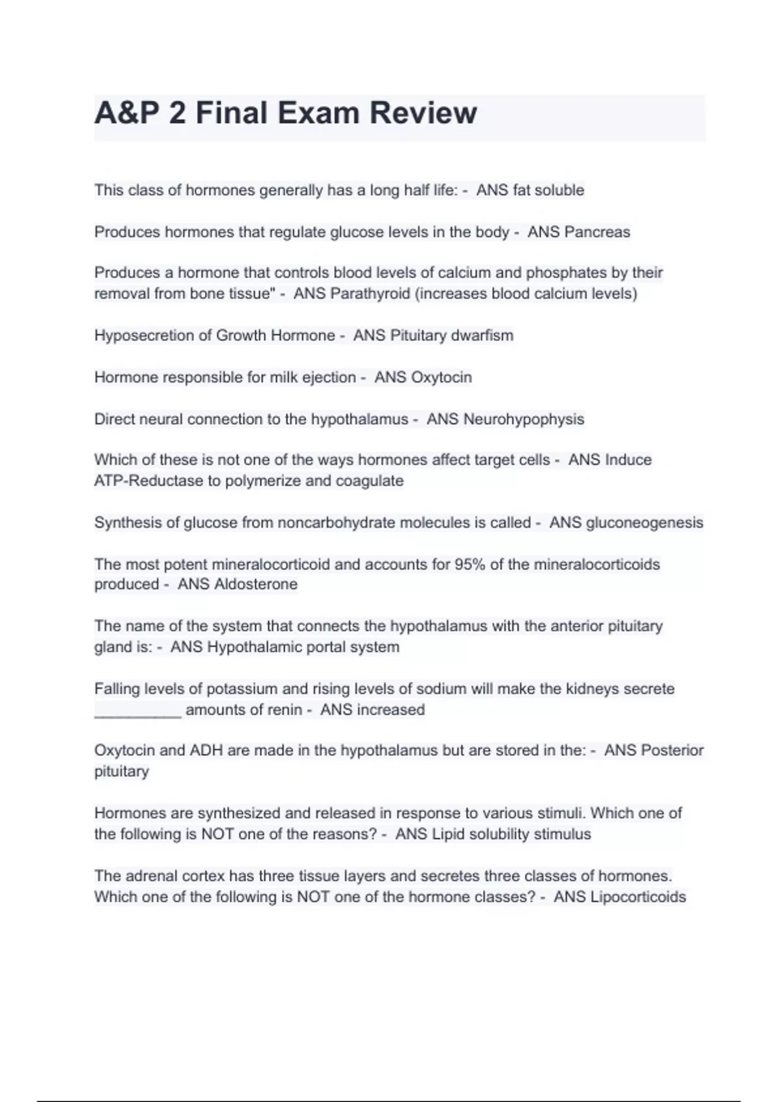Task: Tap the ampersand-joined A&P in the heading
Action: [x=127, y=113]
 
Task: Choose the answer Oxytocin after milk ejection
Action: [x=442, y=377]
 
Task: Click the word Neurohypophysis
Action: [x=524, y=419]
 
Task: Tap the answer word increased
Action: [x=391, y=710]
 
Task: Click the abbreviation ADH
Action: [x=206, y=751]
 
